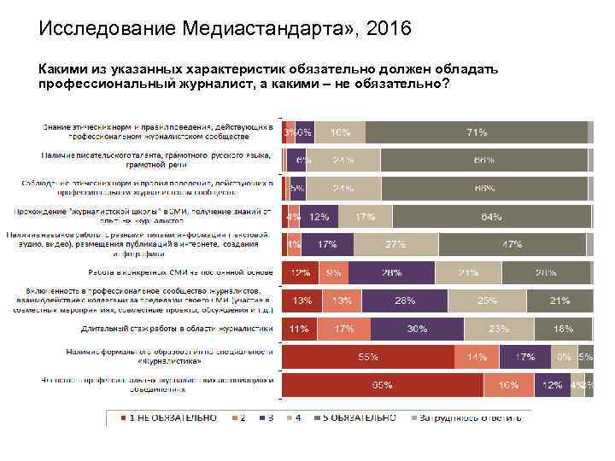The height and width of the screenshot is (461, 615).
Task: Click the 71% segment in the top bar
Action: coord(476,132)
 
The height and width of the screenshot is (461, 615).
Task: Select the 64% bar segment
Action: coord(490,217)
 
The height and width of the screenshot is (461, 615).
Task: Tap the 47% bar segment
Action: coord(512,245)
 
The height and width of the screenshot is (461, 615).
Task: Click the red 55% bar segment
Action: coord(368,357)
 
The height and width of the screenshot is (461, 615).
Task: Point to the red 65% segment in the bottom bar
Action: coord(383,385)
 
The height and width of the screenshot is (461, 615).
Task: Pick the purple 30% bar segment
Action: coord(417,329)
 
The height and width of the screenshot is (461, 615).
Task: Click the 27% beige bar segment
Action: coord(395,245)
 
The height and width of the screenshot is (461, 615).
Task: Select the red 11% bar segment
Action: coord(298,329)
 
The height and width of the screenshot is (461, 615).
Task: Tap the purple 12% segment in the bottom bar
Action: coord(552,385)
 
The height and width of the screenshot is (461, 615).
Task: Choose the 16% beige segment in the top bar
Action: coord(340,132)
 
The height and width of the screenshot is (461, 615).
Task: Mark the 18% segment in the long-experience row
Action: coord(564,329)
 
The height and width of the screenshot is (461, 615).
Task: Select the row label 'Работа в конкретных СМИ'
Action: coord(179,273)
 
